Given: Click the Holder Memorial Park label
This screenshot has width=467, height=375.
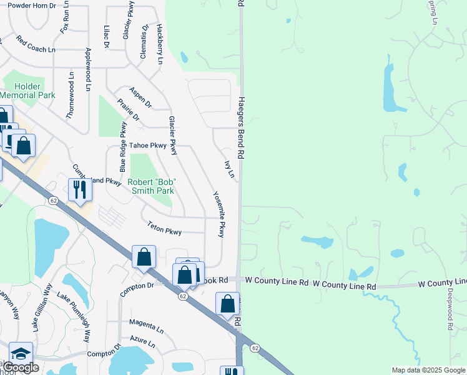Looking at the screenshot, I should click(x=28, y=91).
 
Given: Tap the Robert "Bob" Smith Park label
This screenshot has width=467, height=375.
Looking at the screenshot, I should click(x=152, y=186).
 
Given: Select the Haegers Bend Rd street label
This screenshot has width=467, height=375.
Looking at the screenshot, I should click(x=240, y=122).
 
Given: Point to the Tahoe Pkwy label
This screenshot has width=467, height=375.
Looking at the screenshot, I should click(x=150, y=145).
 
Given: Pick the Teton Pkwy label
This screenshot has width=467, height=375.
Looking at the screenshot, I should click(x=164, y=228).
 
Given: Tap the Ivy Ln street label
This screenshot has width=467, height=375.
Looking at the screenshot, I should click(x=229, y=169).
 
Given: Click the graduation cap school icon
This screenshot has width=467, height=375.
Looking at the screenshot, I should click(x=21, y=354).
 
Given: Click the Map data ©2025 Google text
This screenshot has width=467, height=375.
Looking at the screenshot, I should click(x=428, y=370).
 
